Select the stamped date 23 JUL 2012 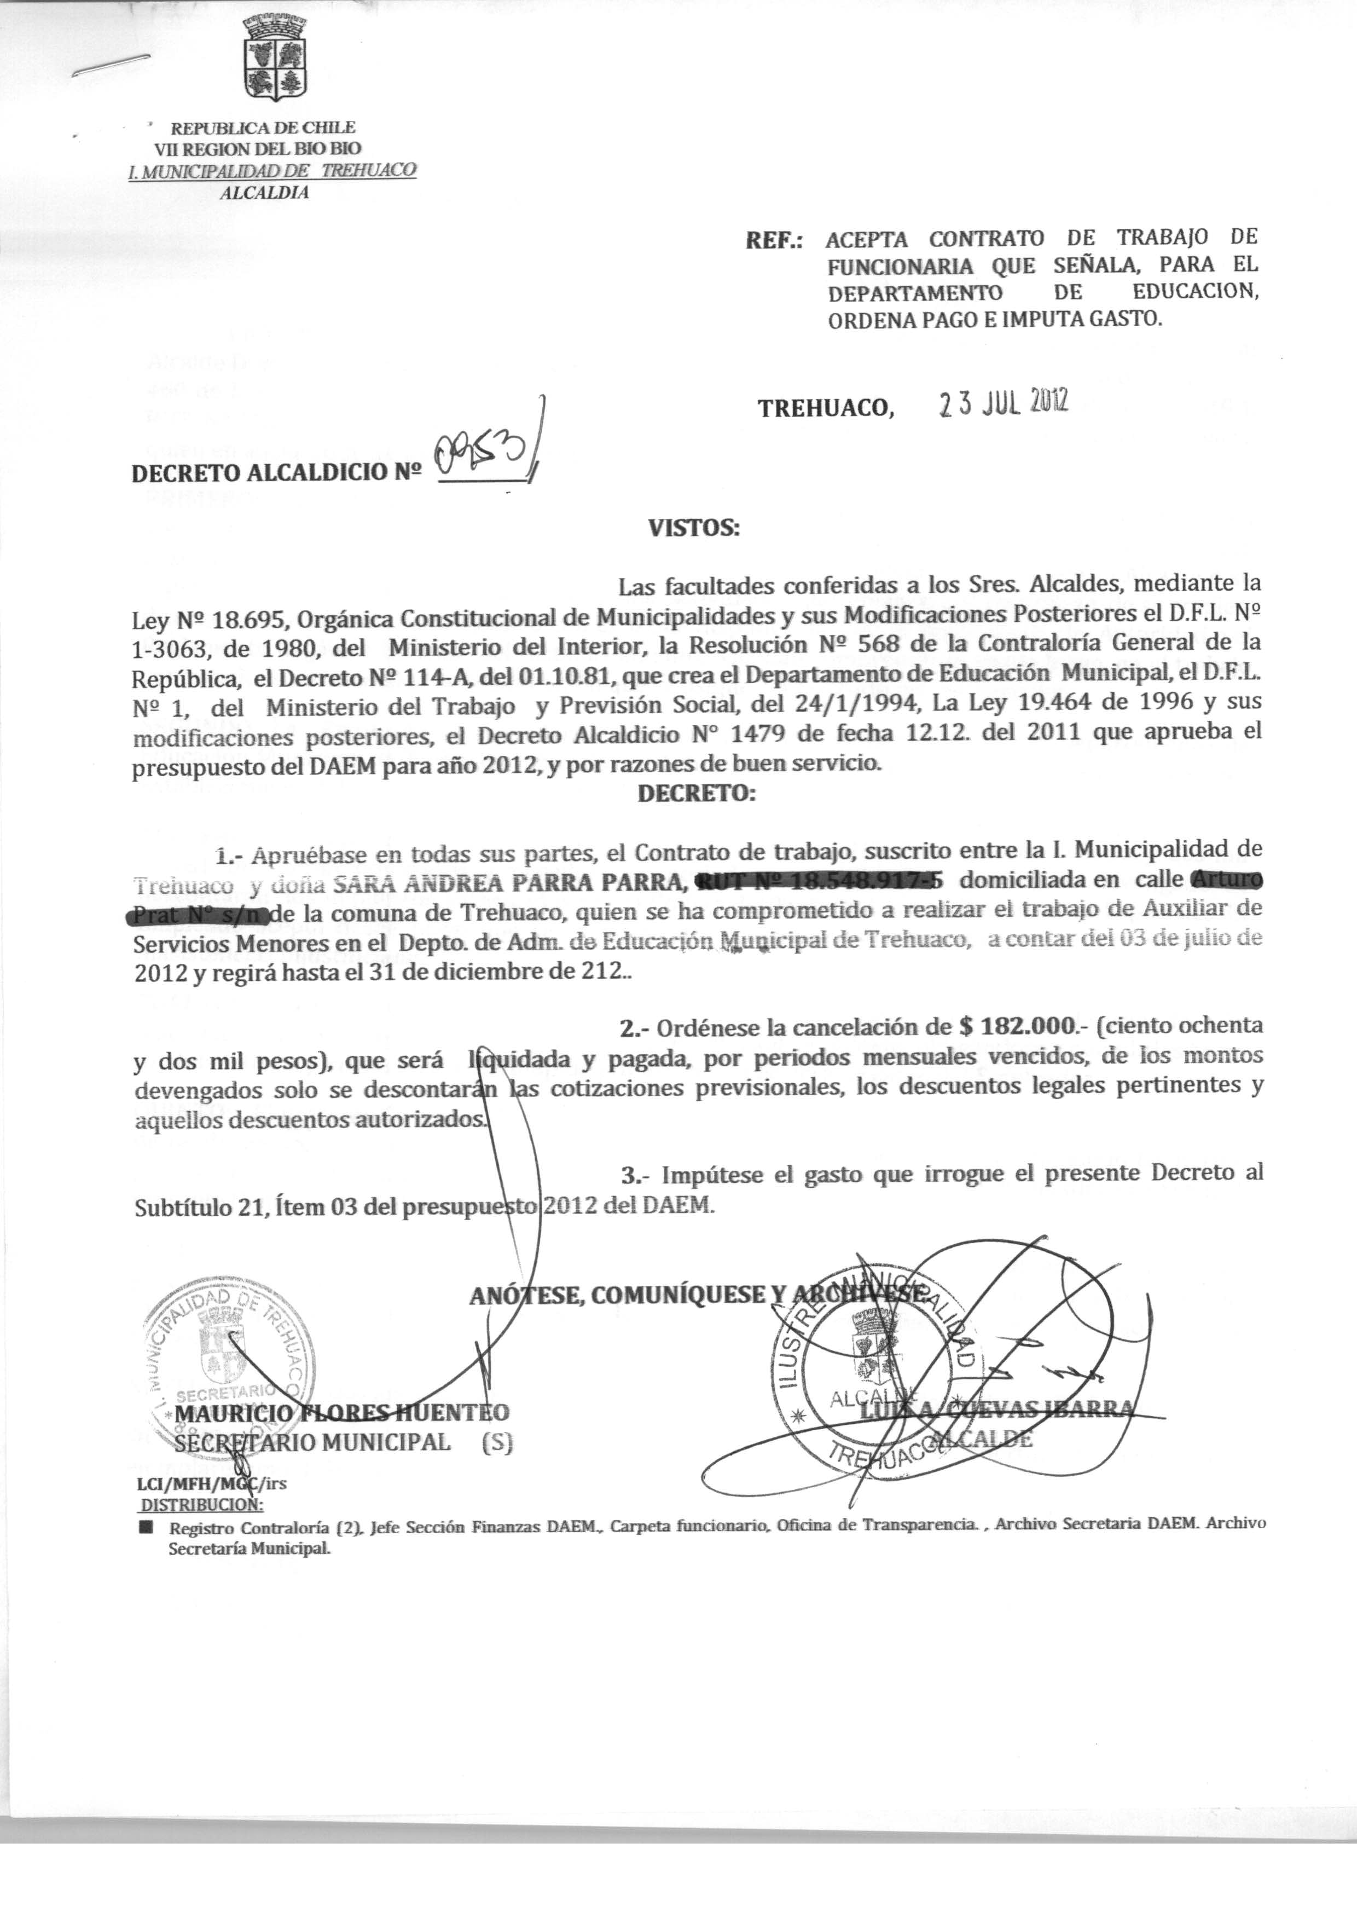click(1004, 405)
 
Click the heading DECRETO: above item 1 click(696, 793)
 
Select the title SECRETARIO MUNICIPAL click(312, 1442)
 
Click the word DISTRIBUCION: click(201, 1505)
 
